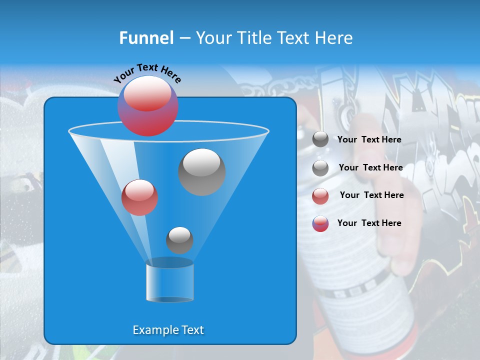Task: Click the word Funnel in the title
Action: point(146,38)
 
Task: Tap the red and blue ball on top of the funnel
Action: point(148,106)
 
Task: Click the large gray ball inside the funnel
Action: point(202,171)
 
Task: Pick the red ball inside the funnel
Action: point(139,197)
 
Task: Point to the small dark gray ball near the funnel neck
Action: point(179,240)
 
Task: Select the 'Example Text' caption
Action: point(168,330)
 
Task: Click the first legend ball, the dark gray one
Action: point(320,139)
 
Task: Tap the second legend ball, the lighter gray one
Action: point(320,168)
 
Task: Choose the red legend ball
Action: point(320,195)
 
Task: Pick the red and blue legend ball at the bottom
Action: point(320,223)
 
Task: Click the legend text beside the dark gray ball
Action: point(369,139)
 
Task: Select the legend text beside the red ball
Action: point(371,195)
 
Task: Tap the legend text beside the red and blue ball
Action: point(369,223)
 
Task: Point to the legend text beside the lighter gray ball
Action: point(370,167)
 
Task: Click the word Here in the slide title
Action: point(334,38)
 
